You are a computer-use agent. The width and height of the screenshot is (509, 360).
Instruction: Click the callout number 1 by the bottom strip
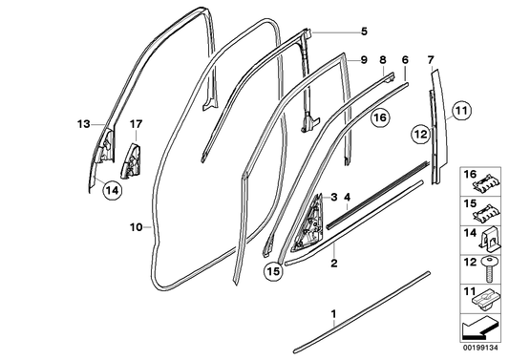[x=333, y=312]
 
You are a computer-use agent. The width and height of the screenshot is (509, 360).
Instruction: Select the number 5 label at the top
[x=363, y=31]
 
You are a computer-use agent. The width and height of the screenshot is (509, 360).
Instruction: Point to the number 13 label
[x=83, y=123]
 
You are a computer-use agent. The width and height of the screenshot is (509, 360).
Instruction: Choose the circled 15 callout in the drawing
[x=274, y=271]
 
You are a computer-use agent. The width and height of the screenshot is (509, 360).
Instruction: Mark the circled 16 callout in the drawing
[x=379, y=117]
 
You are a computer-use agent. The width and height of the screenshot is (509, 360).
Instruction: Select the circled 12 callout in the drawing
[x=420, y=135]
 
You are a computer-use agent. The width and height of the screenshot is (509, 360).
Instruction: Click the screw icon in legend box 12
[x=488, y=262]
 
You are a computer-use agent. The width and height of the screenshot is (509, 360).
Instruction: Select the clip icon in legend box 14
[x=488, y=233]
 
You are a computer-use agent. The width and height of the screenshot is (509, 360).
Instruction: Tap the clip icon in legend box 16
[x=488, y=180]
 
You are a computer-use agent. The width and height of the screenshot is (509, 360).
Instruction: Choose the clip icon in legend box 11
[x=488, y=298]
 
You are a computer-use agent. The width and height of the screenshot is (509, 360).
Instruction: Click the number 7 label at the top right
[x=430, y=59]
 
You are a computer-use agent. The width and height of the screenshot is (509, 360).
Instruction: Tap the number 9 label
[x=363, y=59]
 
